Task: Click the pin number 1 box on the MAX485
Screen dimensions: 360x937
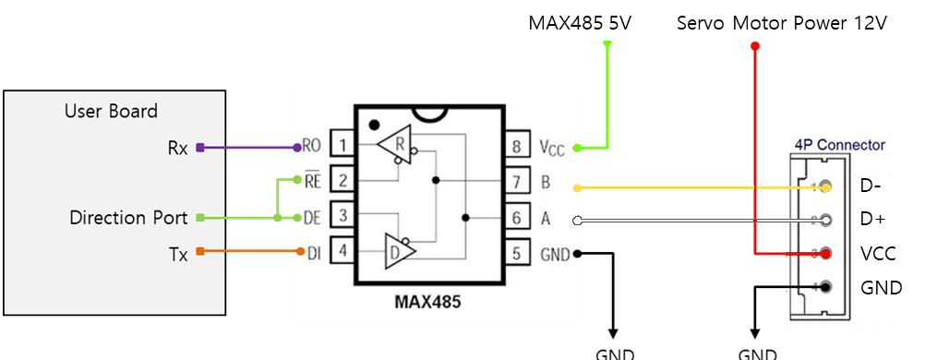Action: (342, 145)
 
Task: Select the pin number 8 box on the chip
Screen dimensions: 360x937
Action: (516, 145)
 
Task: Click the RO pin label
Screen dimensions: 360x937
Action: (311, 145)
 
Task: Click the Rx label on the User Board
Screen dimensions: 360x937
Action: (177, 148)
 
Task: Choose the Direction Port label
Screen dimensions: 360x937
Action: (128, 219)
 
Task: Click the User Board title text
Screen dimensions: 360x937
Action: (111, 112)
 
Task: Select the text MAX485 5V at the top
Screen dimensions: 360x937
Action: (579, 23)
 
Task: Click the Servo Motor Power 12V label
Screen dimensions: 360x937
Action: (781, 23)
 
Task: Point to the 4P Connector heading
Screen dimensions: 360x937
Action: (839, 145)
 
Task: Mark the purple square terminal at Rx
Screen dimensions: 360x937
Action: (198, 147)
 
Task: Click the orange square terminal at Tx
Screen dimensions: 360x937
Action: (198, 251)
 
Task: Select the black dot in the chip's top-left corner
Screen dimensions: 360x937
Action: (373, 124)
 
